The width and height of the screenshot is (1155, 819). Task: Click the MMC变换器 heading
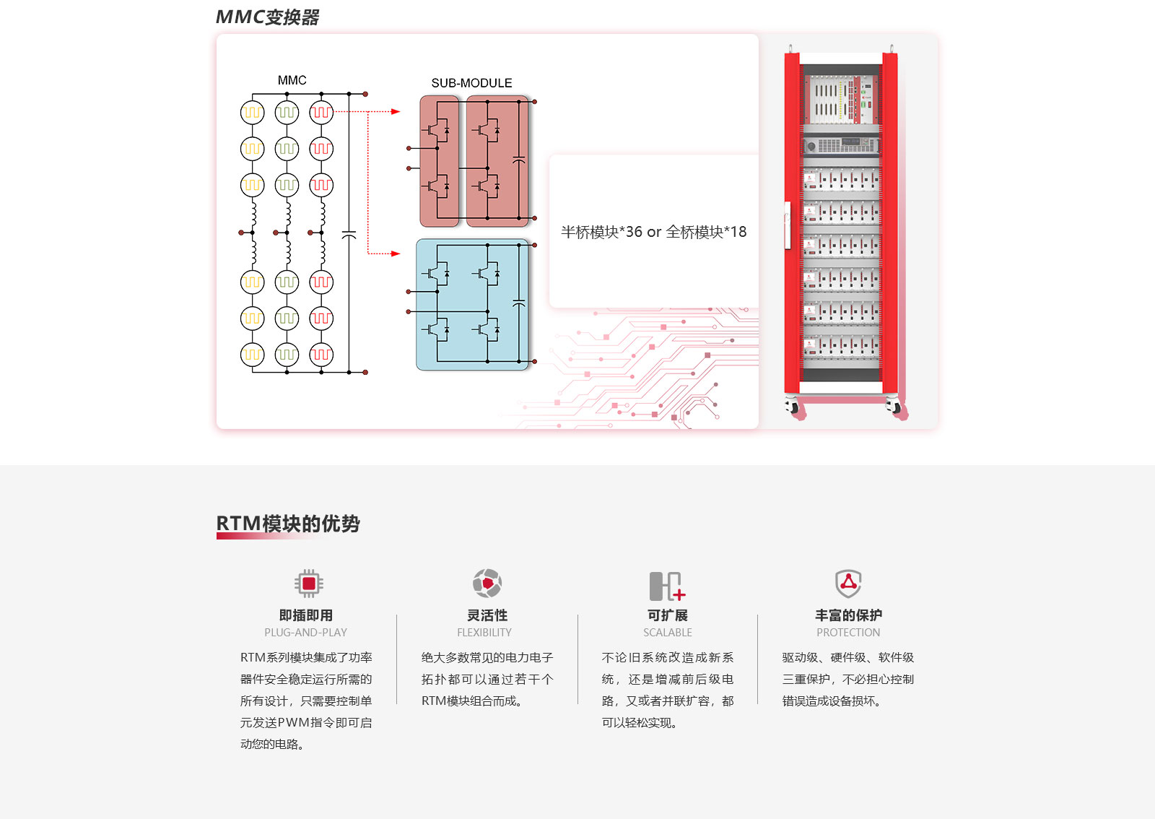click(267, 17)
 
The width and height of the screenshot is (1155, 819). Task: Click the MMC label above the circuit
click(292, 80)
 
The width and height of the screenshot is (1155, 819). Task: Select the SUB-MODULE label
click(471, 83)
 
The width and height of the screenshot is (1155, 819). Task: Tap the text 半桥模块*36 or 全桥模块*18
click(653, 232)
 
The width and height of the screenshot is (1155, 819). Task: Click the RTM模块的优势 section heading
click(288, 524)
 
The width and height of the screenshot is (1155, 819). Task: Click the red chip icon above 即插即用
click(309, 584)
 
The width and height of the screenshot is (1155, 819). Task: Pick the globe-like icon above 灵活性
click(487, 584)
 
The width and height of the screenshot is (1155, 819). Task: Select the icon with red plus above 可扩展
click(667, 586)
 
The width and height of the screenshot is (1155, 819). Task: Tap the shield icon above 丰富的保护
click(848, 584)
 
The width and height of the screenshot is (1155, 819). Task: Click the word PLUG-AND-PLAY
click(306, 632)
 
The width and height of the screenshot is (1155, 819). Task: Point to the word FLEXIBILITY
click(484, 632)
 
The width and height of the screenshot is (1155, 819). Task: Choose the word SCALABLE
click(667, 632)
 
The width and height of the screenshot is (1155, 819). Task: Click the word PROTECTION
click(848, 632)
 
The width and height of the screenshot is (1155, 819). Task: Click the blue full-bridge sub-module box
click(472, 304)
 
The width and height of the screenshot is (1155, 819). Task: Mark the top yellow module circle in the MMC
click(252, 113)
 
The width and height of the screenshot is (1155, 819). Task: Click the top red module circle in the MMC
click(321, 113)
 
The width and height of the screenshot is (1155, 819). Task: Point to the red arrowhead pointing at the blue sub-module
click(396, 253)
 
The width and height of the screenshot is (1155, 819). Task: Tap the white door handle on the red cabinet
click(788, 225)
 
